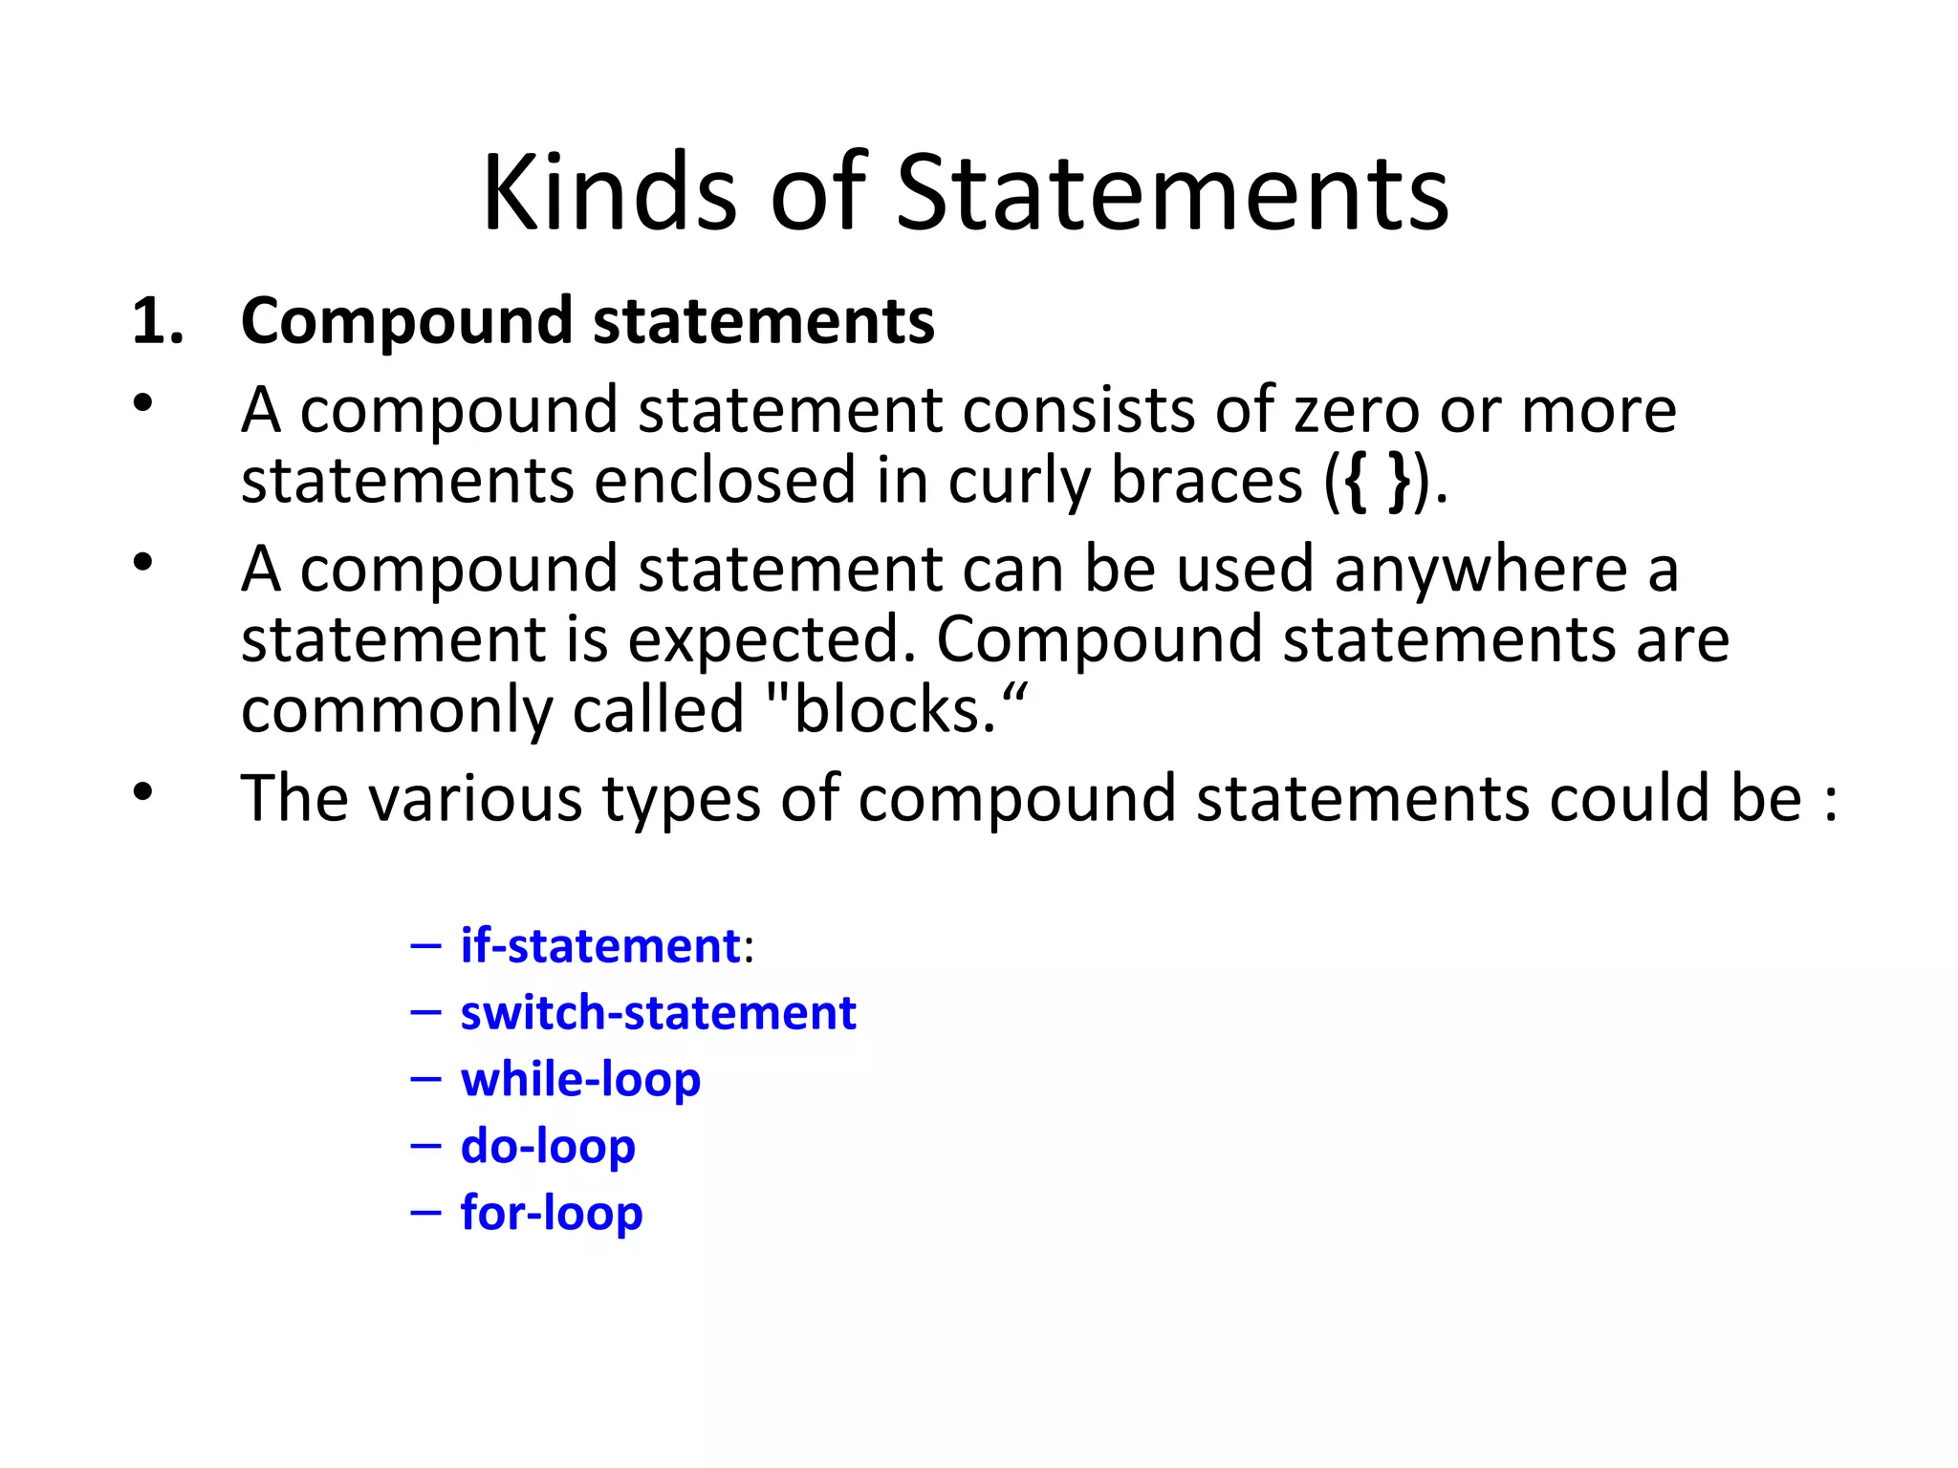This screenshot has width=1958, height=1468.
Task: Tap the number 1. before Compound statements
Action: [158, 321]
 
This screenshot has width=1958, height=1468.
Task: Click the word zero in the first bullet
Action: [1356, 411]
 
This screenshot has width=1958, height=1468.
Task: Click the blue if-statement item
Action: [600, 946]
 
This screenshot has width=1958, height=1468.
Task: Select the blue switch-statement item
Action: [658, 1013]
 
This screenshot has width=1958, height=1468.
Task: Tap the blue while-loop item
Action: [580, 1080]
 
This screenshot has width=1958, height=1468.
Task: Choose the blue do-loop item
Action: [548, 1146]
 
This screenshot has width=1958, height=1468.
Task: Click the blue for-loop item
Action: [552, 1213]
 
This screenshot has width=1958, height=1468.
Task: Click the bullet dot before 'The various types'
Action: [143, 791]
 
